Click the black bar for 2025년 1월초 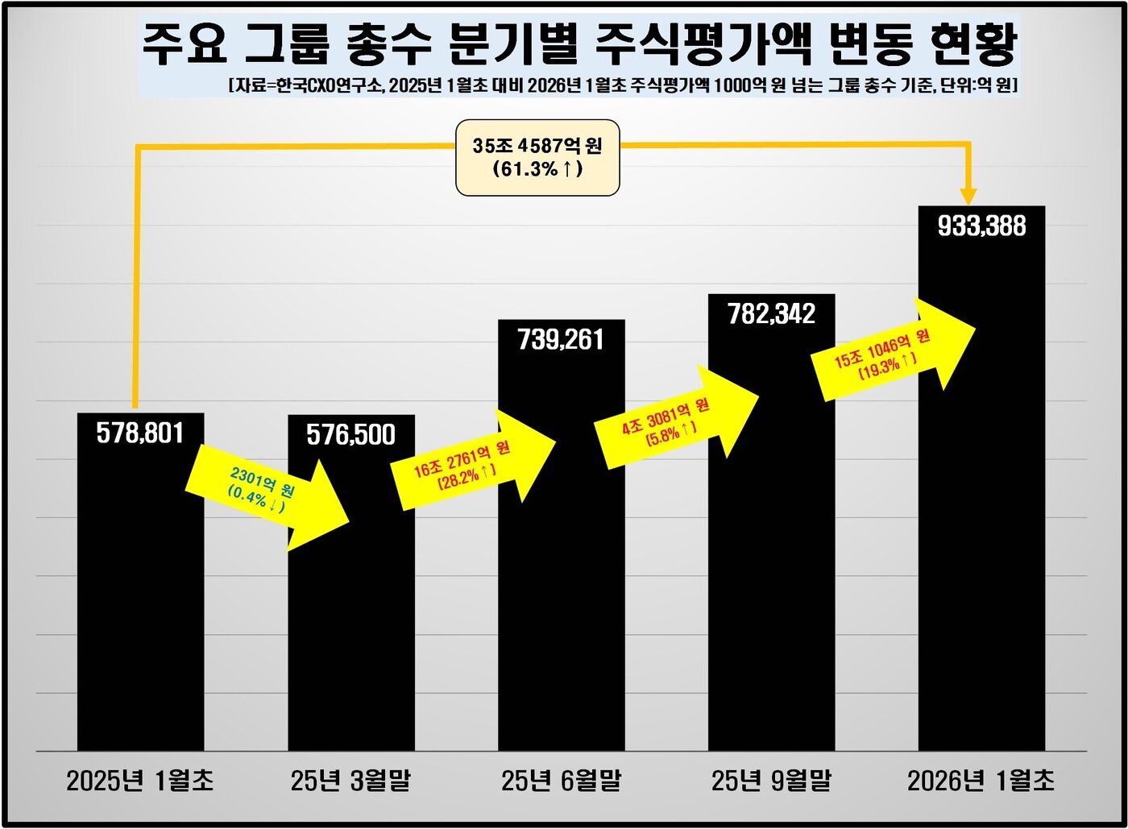click(140, 612)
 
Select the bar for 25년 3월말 click(351, 628)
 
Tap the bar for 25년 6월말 click(561, 580)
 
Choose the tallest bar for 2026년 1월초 click(981, 524)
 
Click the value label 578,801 click(140, 433)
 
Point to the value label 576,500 click(351, 435)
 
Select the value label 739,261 click(561, 339)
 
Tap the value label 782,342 click(771, 313)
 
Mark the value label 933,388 click(981, 226)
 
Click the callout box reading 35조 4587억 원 click(537, 157)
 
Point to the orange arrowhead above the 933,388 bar click(968, 197)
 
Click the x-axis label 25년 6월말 click(561, 780)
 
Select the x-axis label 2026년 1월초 click(981, 780)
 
